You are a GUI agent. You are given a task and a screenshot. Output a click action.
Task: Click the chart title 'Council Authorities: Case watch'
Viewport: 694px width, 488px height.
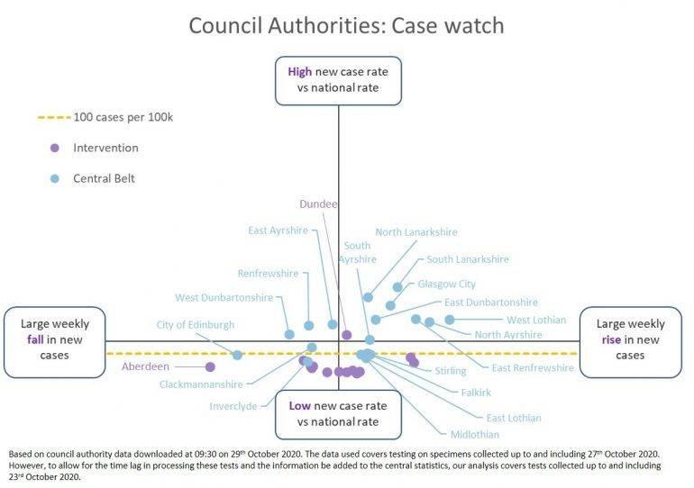click(346, 24)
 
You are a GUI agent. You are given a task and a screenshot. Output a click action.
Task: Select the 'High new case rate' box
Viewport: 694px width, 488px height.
click(338, 79)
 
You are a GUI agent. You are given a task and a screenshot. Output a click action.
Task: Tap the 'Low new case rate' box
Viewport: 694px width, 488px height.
click(338, 413)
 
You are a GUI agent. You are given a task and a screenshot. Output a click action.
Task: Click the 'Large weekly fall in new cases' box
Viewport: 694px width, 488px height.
click(54, 341)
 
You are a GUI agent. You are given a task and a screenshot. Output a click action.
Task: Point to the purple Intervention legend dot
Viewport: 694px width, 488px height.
click(54, 148)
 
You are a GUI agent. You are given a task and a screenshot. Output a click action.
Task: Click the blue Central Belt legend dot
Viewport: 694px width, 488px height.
click(54, 178)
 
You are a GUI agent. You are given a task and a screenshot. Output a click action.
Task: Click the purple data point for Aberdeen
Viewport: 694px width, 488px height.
click(210, 366)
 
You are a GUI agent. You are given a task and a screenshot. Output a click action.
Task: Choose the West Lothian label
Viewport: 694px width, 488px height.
click(536, 320)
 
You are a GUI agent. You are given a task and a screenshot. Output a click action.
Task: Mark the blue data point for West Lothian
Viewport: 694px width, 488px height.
click(450, 319)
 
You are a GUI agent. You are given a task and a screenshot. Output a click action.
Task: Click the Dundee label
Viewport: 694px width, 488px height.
click(318, 204)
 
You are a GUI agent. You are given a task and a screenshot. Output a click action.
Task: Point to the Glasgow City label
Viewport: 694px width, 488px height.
click(446, 285)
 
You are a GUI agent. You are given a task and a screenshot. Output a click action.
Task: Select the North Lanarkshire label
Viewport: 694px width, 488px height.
click(415, 231)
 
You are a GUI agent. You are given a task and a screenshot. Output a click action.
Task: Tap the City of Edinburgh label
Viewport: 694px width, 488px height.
click(195, 325)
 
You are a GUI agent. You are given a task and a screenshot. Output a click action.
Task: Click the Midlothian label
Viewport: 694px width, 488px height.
click(475, 435)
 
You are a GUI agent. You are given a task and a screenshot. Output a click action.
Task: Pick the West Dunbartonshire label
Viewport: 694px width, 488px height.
click(224, 298)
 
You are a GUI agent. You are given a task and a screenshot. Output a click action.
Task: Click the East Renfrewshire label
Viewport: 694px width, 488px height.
click(532, 367)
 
